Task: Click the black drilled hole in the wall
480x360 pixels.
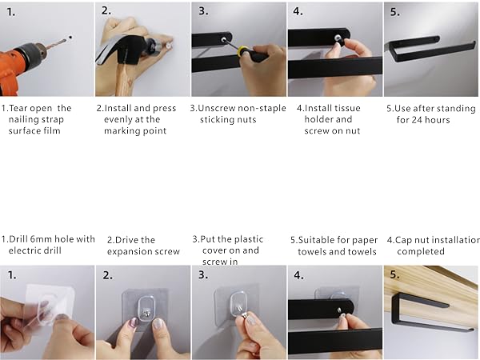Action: click(70, 38)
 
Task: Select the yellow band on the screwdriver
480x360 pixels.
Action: click(243, 50)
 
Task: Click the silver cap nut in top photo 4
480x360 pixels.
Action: click(338, 38)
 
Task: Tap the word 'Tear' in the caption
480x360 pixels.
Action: click(19, 108)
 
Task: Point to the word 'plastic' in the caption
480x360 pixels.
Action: click(248, 239)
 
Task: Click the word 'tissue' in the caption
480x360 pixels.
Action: click(346, 108)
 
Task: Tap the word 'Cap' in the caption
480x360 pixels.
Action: click(402, 240)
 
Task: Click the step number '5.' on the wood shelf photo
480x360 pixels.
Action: click(394, 274)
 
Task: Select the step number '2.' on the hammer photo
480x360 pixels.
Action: click(106, 10)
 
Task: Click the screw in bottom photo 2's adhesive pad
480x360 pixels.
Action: click(146, 313)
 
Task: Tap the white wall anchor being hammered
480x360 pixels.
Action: click(168, 46)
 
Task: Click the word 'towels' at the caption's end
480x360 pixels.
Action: click(364, 252)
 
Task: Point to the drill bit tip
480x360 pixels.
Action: click(66, 40)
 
